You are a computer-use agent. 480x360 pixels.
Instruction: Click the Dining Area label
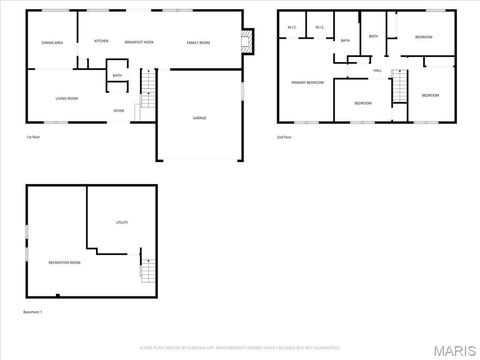click(52, 43)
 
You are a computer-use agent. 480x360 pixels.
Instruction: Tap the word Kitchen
click(101, 41)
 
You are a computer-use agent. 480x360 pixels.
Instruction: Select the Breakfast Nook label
click(139, 43)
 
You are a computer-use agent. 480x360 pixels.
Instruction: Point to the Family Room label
click(198, 43)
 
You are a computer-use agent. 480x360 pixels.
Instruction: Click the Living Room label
click(67, 98)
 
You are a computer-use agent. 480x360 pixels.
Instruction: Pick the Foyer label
click(118, 110)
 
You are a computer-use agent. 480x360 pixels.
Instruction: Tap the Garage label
click(200, 117)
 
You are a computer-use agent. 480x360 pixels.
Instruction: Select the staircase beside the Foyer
click(148, 98)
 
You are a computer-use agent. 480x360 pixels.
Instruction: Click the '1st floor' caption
click(33, 136)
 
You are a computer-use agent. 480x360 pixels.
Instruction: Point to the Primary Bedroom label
click(307, 82)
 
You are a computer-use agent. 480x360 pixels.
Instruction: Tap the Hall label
click(378, 71)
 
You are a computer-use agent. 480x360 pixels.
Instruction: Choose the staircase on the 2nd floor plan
click(399, 88)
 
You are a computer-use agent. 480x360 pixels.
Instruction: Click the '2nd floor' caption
click(285, 136)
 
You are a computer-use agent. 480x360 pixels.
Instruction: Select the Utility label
click(122, 221)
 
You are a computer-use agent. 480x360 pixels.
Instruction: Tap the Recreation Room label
click(65, 262)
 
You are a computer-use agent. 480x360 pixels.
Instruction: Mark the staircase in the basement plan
click(149, 269)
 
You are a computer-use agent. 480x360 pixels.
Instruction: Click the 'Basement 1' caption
click(35, 312)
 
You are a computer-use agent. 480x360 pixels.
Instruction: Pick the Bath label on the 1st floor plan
click(117, 75)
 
